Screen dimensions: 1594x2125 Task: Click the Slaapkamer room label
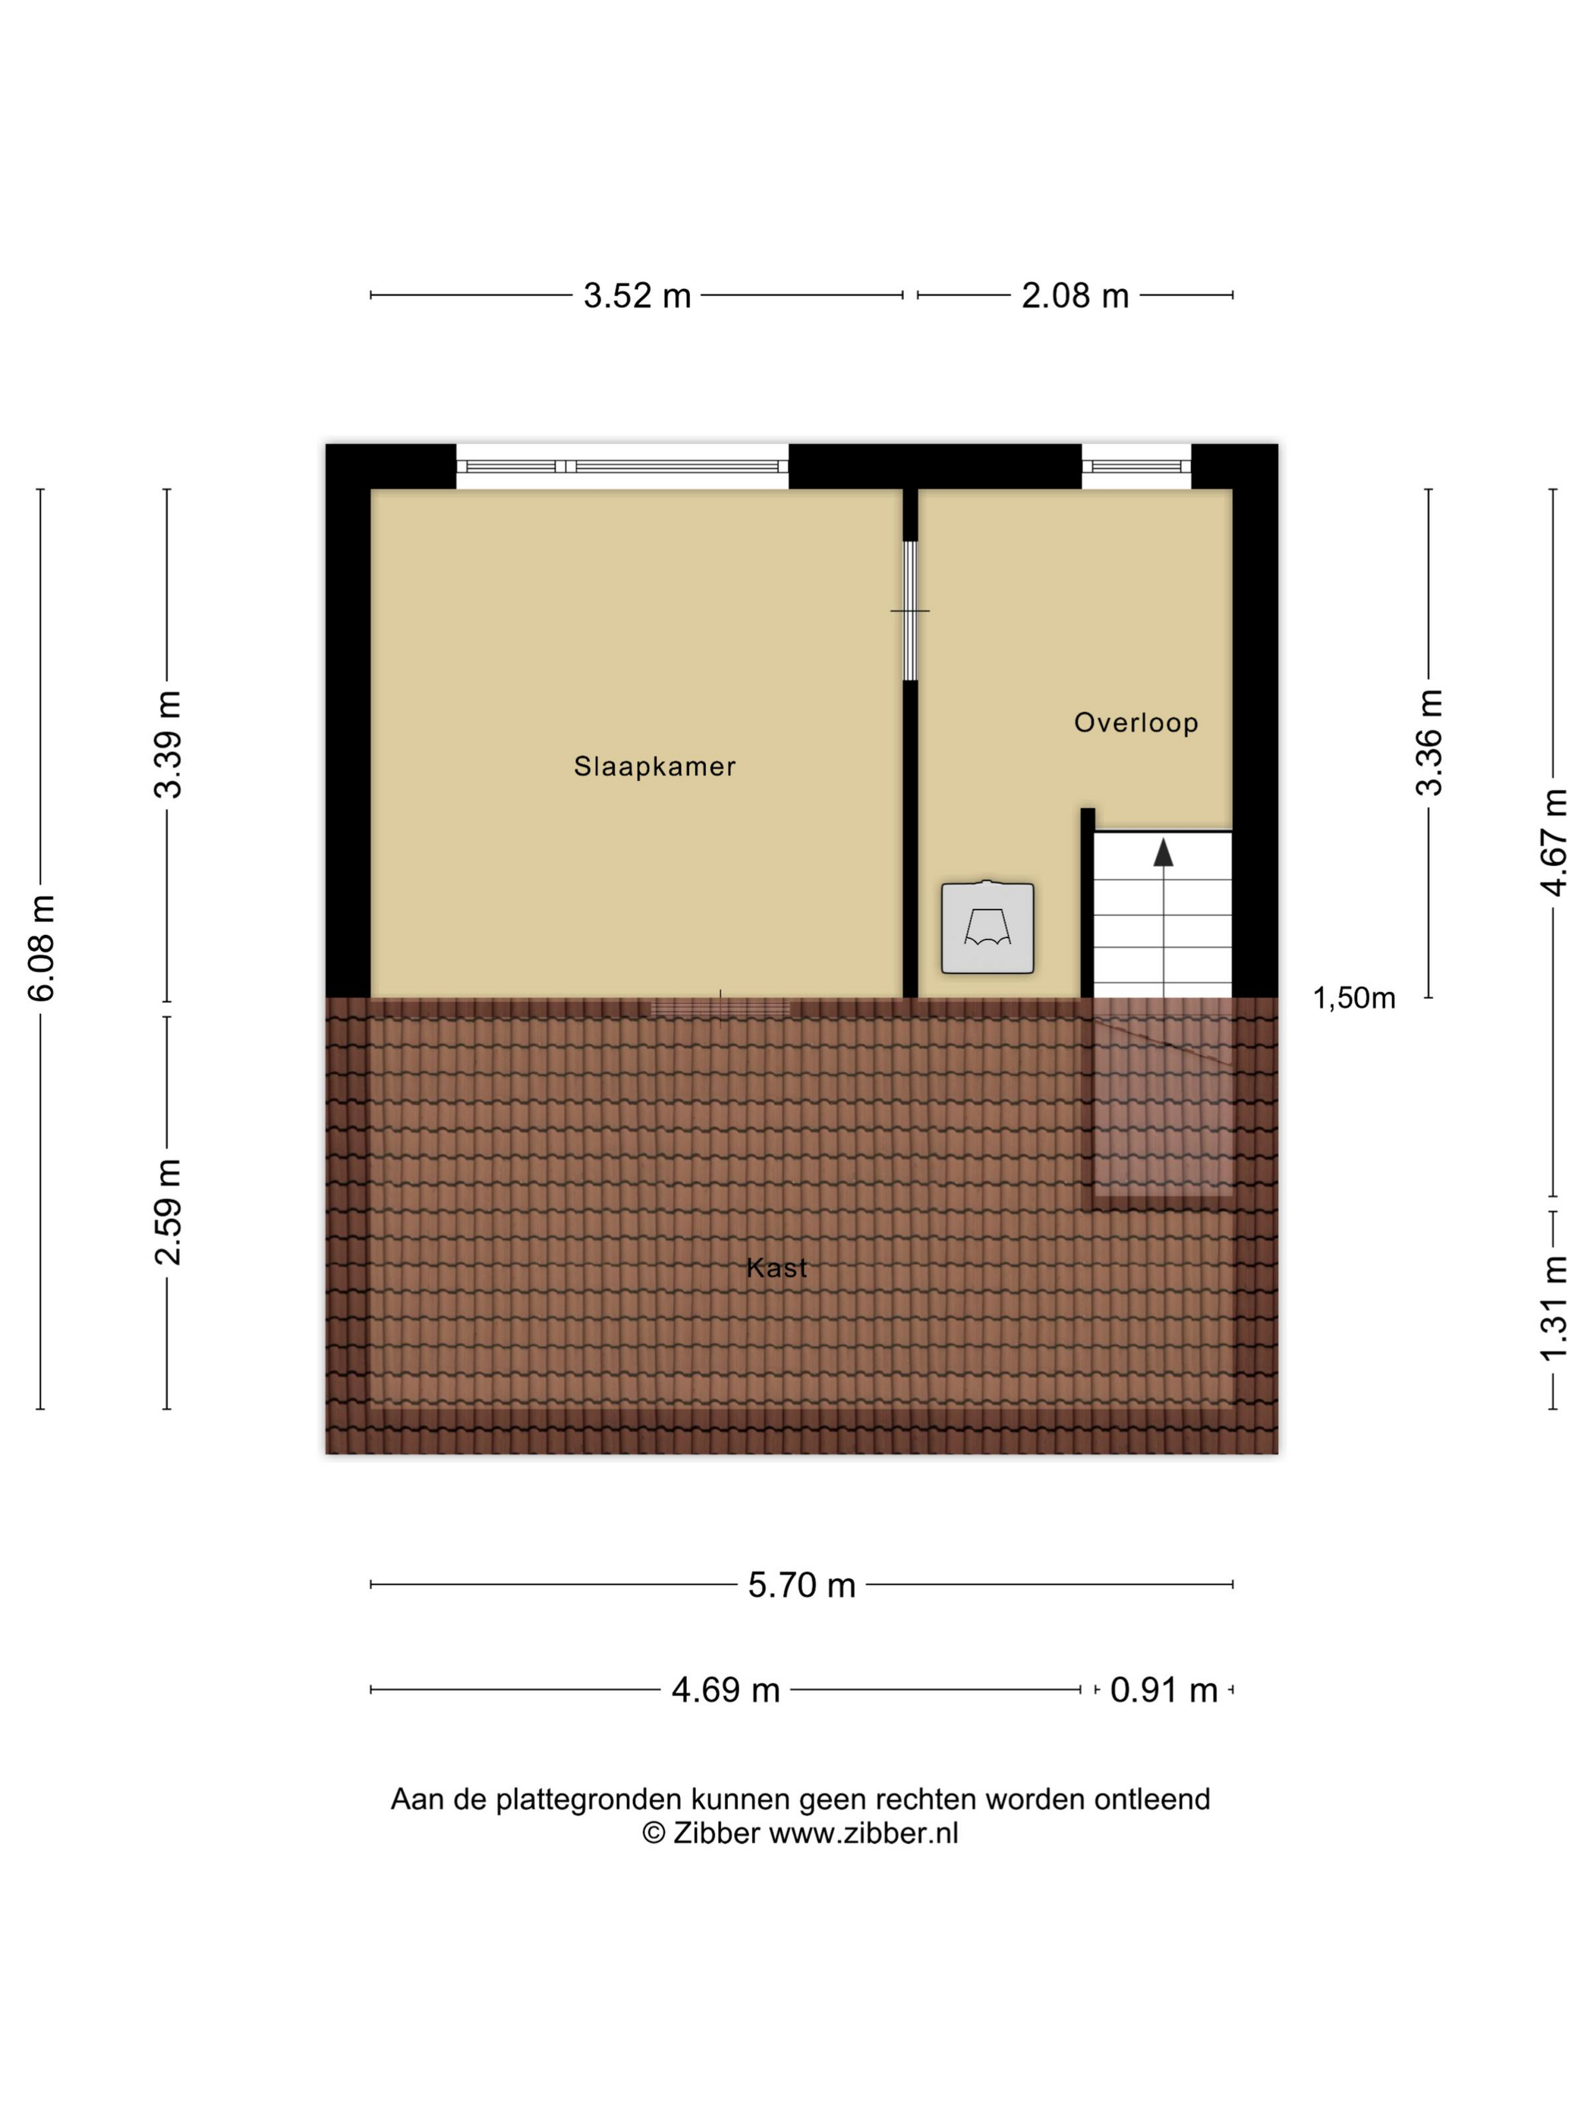coord(654,767)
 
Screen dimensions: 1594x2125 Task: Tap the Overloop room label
coord(1136,722)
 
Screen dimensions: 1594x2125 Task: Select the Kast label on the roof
coord(777,1268)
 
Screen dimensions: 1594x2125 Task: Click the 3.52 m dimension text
coord(637,296)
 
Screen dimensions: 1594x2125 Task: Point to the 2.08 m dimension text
coord(1074,296)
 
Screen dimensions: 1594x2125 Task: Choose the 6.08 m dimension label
coord(41,948)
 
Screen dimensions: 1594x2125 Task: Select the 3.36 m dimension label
coord(1429,742)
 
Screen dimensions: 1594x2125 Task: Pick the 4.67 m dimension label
coord(1554,842)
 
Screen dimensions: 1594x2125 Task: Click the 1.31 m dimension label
coord(1554,1308)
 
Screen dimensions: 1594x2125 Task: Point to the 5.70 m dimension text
coord(802,1585)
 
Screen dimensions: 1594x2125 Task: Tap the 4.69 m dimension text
coord(726,1690)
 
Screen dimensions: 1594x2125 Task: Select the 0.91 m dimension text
coord(1164,1690)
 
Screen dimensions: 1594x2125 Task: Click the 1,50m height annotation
coord(1354,998)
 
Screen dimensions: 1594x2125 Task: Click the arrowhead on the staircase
coord(1164,852)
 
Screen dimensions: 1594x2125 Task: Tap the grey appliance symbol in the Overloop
coord(988,927)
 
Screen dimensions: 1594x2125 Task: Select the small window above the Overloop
coord(1136,467)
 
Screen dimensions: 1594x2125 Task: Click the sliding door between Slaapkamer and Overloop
coord(910,611)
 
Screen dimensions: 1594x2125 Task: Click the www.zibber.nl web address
coord(864,1833)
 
